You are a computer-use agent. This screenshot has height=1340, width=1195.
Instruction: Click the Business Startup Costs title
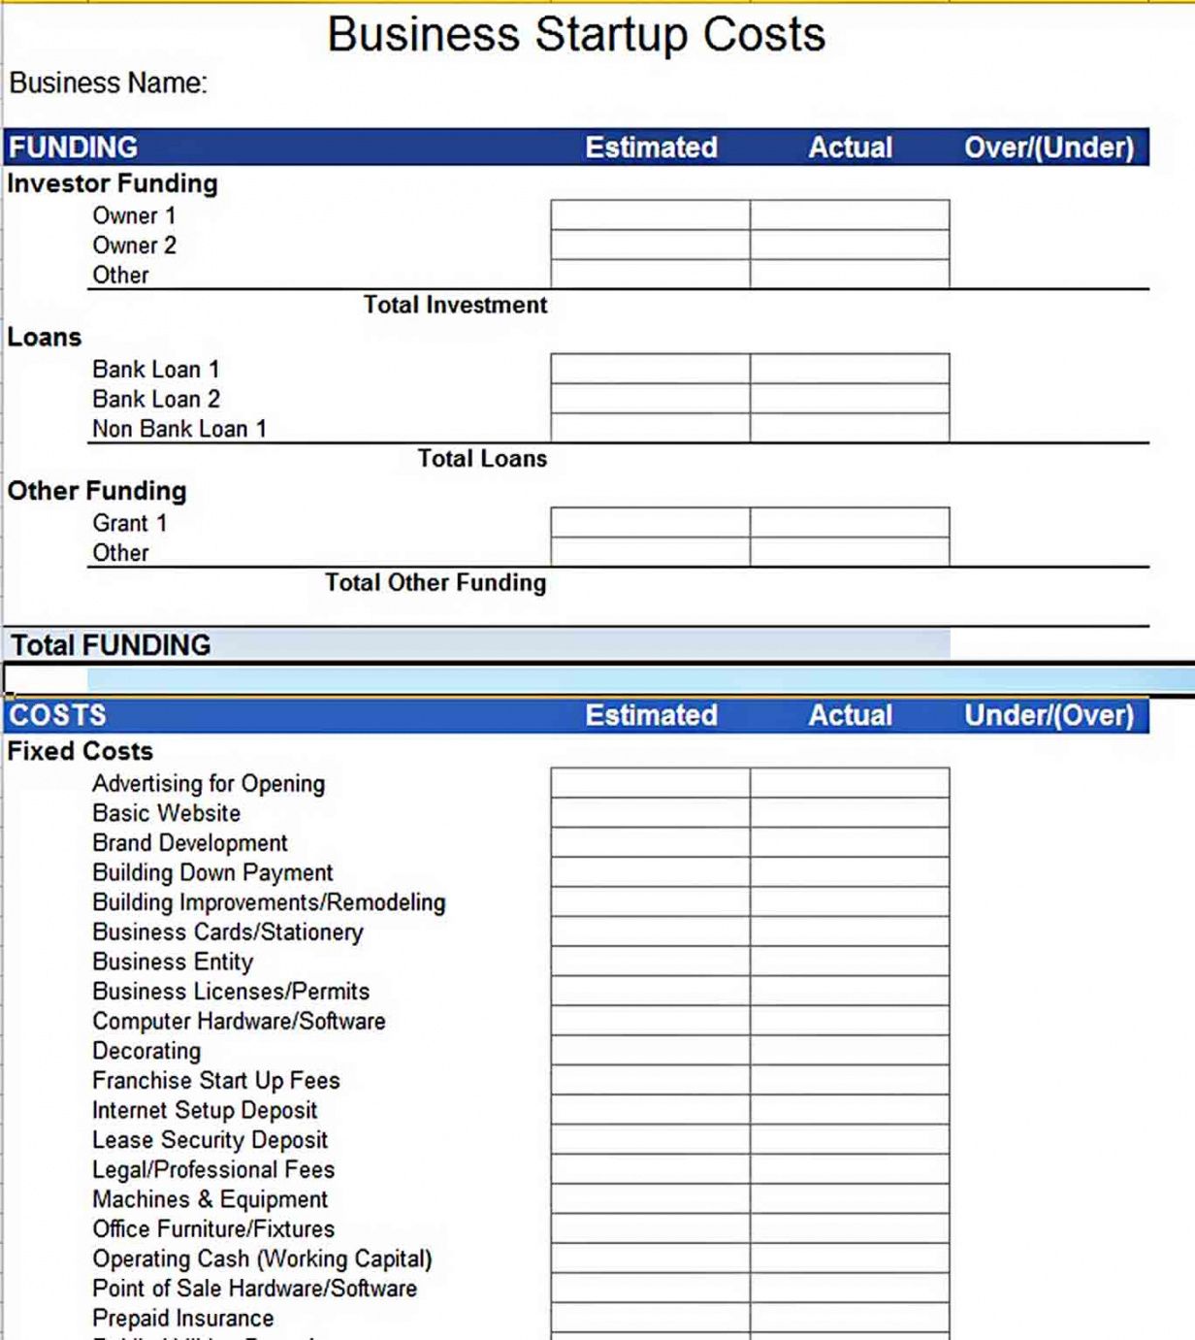click(x=576, y=35)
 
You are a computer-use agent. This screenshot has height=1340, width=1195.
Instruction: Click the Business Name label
click(x=108, y=83)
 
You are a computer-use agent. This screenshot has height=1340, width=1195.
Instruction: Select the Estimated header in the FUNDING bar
click(x=651, y=147)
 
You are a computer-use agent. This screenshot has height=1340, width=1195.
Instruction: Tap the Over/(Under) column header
click(x=1049, y=147)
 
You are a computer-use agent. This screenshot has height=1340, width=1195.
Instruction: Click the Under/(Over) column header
click(x=1049, y=716)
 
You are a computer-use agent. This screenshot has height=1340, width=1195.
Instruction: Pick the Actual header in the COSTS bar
click(x=850, y=716)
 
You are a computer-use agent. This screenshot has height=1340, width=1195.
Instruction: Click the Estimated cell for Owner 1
click(x=650, y=215)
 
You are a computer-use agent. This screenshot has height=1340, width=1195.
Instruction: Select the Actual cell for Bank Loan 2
click(x=850, y=399)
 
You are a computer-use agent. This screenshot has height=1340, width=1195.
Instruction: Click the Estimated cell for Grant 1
click(x=650, y=523)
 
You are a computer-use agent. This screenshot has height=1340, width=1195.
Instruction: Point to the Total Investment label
click(x=455, y=306)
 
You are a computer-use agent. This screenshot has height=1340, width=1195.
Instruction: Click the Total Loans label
click(x=482, y=459)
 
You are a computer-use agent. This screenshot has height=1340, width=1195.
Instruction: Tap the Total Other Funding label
click(x=436, y=583)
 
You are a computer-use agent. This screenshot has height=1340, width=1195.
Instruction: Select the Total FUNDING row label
click(x=111, y=645)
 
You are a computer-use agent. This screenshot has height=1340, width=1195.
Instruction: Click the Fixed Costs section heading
click(x=81, y=752)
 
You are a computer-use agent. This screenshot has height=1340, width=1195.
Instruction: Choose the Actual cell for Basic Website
click(x=850, y=813)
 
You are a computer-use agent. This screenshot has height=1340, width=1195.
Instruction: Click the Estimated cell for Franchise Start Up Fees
click(x=650, y=1081)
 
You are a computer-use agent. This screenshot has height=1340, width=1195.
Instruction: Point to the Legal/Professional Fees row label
click(x=213, y=1170)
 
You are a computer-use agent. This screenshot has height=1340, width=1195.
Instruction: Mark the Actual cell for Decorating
click(x=850, y=1051)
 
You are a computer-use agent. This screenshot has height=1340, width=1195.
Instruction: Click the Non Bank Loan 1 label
click(x=179, y=429)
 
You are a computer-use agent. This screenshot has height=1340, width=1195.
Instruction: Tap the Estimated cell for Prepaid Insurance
click(x=650, y=1319)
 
